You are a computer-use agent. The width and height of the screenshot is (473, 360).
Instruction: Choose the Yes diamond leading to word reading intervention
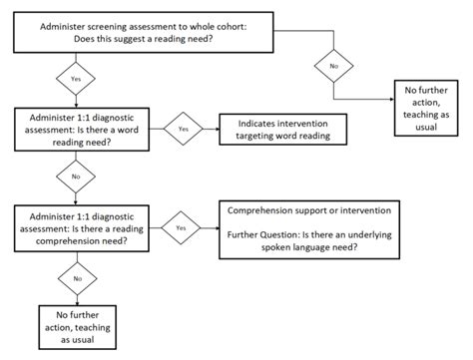pyautogui.click(x=183, y=128)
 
